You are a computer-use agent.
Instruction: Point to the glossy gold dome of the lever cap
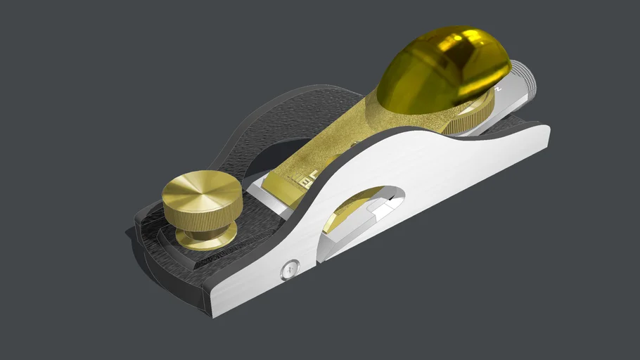tap(440, 70)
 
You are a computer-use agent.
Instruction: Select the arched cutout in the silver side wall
tap(359, 211)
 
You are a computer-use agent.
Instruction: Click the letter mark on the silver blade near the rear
tap(498, 90)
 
